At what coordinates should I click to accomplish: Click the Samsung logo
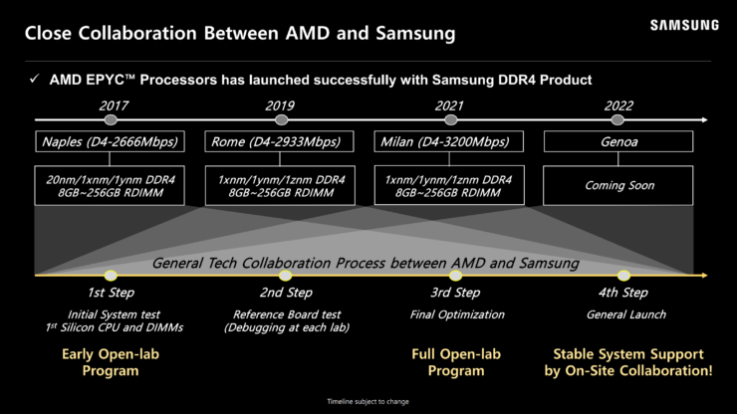(684, 25)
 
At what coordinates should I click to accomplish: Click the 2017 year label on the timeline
(114, 105)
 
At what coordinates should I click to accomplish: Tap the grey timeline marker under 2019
(281, 119)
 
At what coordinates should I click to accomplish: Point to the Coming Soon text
(619, 185)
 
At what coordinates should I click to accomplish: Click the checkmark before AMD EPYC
(34, 79)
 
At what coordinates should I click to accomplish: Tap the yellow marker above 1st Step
(111, 276)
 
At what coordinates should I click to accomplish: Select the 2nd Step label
(286, 293)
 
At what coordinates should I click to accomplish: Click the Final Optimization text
(457, 314)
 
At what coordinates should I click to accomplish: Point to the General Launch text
(626, 314)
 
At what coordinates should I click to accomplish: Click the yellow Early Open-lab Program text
(111, 362)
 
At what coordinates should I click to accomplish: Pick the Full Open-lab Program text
(456, 362)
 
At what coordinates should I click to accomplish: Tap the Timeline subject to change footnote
(368, 401)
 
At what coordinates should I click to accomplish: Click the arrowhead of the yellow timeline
(704, 276)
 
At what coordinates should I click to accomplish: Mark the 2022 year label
(618, 105)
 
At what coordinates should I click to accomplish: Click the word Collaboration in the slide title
(138, 34)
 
